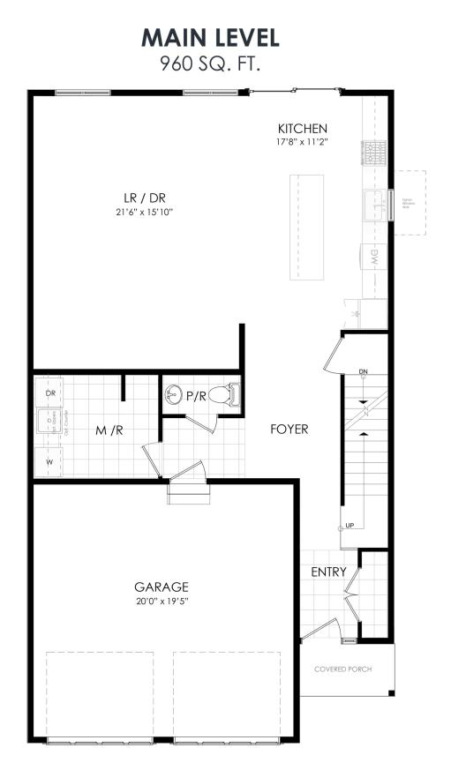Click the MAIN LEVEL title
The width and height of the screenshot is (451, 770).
(210, 37)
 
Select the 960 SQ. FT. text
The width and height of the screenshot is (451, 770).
(210, 63)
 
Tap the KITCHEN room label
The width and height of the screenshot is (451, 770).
(303, 129)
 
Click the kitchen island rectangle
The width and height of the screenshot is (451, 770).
(305, 226)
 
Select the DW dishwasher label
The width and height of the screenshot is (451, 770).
(373, 258)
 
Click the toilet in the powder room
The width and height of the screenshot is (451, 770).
(232, 394)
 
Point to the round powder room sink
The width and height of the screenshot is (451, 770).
(175, 396)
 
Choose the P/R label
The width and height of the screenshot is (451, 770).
(196, 397)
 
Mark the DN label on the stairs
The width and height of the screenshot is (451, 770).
(363, 373)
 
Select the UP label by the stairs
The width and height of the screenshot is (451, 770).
(350, 526)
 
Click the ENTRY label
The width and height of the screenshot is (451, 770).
(328, 572)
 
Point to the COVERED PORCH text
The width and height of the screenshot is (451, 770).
(343, 669)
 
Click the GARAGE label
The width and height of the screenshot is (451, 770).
(162, 587)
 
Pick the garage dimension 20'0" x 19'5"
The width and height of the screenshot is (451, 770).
(162, 602)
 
